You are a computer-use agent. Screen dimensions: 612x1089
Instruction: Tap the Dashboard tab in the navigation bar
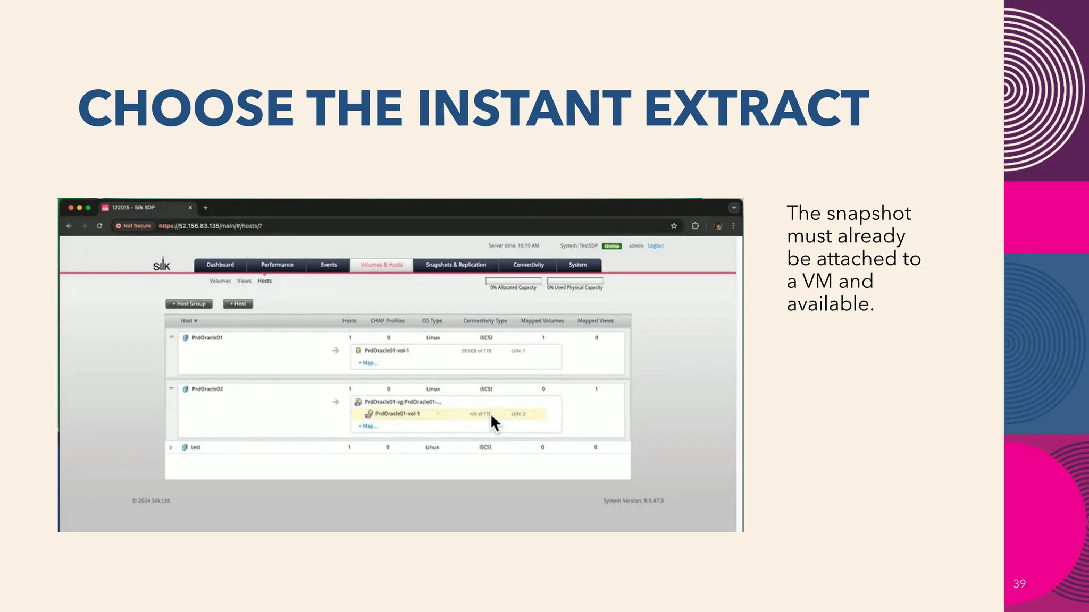point(220,265)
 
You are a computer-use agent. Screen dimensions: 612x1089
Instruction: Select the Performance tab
point(277,265)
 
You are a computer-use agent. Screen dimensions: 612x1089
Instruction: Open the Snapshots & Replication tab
point(456,265)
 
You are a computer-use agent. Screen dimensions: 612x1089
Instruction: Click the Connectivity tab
point(528,265)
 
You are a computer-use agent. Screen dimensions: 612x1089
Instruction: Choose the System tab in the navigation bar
point(577,265)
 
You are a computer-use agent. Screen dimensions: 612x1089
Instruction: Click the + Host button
point(238,304)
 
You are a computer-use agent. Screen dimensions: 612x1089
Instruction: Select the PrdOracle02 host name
point(207,389)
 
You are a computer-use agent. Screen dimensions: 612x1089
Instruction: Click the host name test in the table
point(196,447)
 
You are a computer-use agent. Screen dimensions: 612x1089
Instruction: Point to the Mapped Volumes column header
point(542,321)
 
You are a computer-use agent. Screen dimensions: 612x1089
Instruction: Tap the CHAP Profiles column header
point(387,321)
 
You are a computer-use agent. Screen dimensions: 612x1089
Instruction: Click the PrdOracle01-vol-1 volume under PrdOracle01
point(387,351)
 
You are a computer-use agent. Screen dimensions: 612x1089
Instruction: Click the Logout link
point(656,246)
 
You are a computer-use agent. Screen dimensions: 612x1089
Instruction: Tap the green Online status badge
point(611,246)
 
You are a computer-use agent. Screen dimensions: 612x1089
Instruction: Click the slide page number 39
point(1019,584)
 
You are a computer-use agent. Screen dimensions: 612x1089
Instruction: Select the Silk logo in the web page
point(162,265)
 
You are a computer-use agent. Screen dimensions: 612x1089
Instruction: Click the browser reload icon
point(99,226)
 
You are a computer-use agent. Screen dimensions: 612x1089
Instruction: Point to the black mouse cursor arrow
point(495,423)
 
